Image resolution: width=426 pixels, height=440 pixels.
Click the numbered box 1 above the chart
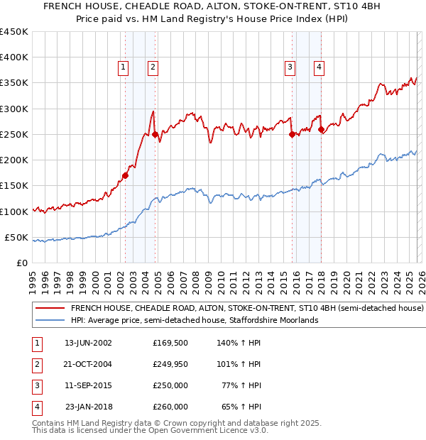point(124,67)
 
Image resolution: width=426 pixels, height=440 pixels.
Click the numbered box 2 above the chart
point(153,67)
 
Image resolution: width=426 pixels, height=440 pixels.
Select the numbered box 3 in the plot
point(290,67)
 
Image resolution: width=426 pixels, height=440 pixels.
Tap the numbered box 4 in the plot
point(319,67)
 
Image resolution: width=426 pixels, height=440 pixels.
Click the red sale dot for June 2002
point(126,175)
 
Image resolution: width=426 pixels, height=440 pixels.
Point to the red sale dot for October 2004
point(155,134)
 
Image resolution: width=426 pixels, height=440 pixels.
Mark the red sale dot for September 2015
point(292,134)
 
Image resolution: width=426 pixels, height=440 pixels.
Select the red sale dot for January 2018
point(322,129)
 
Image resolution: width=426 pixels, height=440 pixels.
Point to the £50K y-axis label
point(16,237)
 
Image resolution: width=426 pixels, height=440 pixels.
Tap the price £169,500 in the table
point(170,342)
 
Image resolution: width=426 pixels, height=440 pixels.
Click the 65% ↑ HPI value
point(241,407)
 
